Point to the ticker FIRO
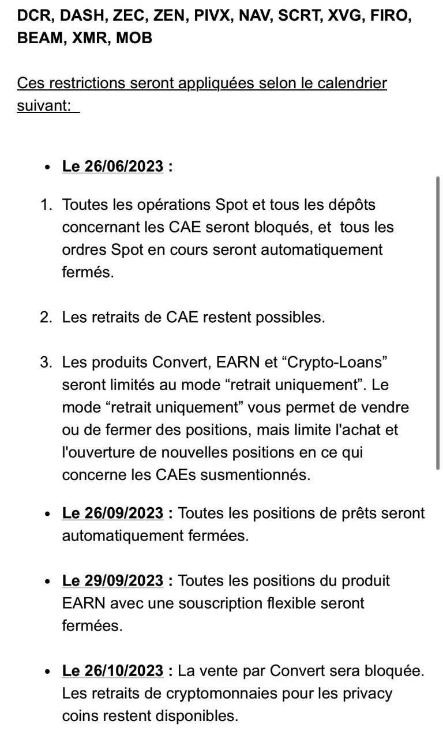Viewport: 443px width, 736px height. click(x=391, y=16)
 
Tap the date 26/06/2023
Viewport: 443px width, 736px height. click(x=123, y=166)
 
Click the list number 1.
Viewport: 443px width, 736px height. click(x=46, y=205)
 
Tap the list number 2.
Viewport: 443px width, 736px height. click(x=46, y=318)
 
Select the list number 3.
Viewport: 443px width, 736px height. click(x=46, y=363)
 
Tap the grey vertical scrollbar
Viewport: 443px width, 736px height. click(x=438, y=323)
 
